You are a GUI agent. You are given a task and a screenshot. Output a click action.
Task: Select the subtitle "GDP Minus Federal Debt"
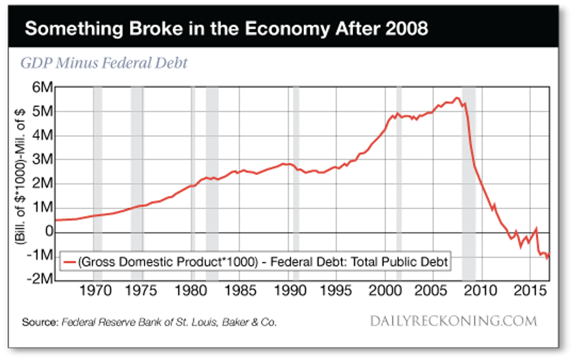point(104,63)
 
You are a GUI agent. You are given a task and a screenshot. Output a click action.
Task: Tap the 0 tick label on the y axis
point(47,232)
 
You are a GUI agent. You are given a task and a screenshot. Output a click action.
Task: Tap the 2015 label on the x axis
point(530,291)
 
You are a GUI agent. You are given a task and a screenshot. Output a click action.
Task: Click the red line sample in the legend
point(71,263)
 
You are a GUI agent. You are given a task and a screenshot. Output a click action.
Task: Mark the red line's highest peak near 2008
point(457,98)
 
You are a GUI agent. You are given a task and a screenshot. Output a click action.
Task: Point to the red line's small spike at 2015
point(536,229)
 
